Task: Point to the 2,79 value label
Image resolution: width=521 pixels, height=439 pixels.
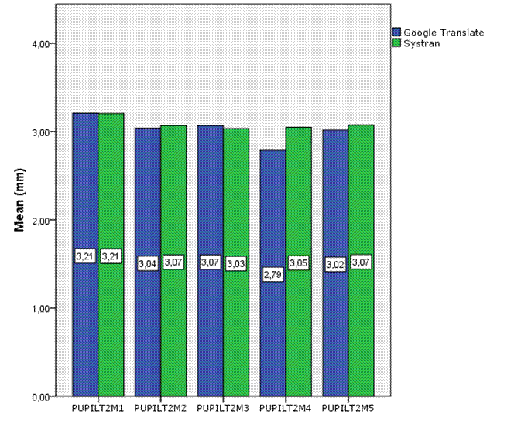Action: [x=272, y=275]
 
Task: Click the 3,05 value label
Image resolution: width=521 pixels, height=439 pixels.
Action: [x=299, y=263]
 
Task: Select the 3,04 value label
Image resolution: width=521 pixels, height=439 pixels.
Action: [x=147, y=264]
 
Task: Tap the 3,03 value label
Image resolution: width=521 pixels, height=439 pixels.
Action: [x=235, y=264]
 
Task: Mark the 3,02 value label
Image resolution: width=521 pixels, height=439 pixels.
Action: [x=334, y=264]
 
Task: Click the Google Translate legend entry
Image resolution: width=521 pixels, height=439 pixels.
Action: [x=438, y=33]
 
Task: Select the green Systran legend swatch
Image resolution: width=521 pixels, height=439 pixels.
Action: [x=396, y=43]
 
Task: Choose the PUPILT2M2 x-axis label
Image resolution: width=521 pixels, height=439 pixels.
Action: [x=160, y=407]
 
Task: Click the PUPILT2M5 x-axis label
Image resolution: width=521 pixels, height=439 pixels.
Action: [x=348, y=407]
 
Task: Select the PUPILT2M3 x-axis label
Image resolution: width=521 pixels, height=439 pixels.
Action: [x=223, y=407]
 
